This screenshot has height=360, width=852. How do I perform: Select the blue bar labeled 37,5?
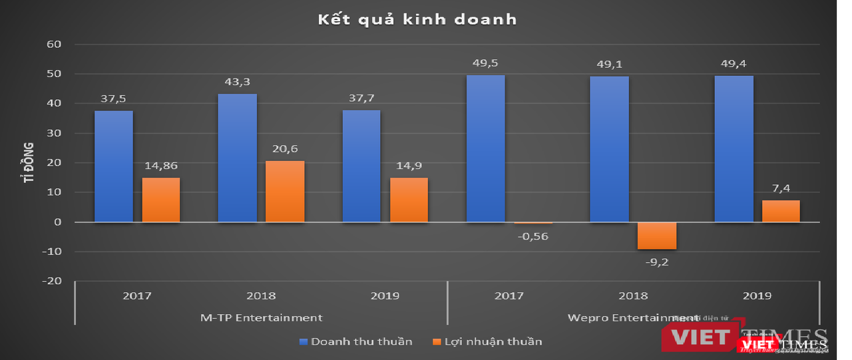(x=113, y=166)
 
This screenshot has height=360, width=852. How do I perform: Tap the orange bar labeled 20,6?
(x=285, y=191)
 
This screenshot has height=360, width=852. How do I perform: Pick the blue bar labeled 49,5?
(x=485, y=148)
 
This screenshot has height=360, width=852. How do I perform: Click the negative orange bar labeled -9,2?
(x=657, y=236)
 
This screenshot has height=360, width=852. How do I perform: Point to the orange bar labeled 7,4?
(x=781, y=211)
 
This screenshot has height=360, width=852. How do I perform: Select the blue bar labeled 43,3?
(x=238, y=158)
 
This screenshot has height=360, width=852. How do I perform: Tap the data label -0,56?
(x=534, y=236)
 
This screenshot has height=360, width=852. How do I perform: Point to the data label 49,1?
(x=609, y=65)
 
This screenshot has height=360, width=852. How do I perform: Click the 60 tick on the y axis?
(x=54, y=45)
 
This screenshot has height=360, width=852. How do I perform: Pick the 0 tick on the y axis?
(x=57, y=222)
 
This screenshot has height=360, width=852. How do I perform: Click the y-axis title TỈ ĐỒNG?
(x=30, y=162)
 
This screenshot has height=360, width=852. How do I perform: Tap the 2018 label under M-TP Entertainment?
(x=261, y=296)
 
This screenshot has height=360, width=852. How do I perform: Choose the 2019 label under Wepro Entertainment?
(x=757, y=296)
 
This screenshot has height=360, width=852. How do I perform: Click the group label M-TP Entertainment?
(x=261, y=317)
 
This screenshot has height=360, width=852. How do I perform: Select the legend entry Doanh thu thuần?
(x=355, y=342)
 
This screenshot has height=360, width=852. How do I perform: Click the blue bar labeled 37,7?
(x=361, y=166)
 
